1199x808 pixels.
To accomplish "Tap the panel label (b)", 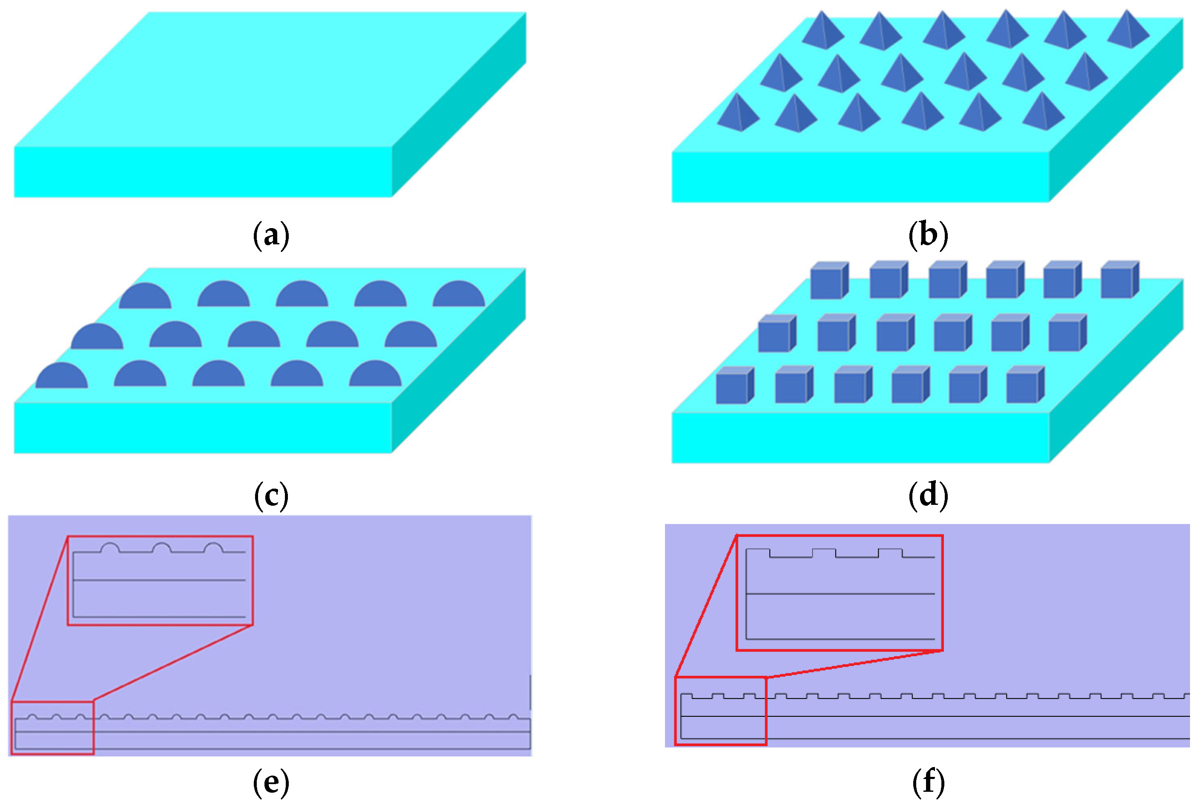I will [x=928, y=235].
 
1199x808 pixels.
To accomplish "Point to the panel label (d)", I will [x=928, y=496].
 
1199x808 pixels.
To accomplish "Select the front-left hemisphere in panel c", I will [x=61, y=376].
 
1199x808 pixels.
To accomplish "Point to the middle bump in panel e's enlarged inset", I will [x=162, y=548].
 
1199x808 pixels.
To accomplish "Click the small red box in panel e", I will [x=52, y=727].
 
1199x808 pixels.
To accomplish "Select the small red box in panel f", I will [x=720, y=711].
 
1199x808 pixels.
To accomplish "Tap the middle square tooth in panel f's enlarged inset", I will [x=824, y=553].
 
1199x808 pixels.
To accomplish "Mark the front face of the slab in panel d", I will [x=860, y=438].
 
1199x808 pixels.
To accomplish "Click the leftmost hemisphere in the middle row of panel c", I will [x=97, y=338].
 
